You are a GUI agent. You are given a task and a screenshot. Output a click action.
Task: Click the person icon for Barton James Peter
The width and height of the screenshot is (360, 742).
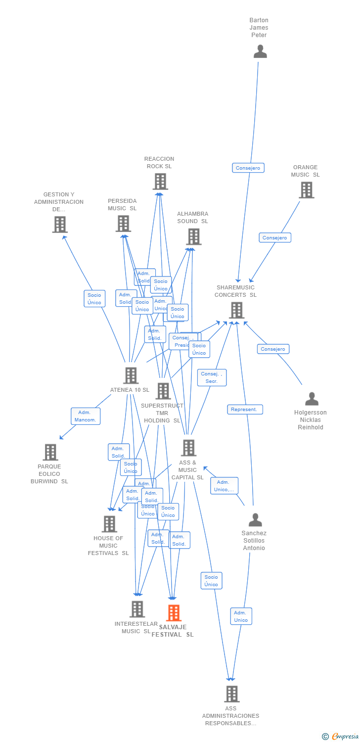(260, 51)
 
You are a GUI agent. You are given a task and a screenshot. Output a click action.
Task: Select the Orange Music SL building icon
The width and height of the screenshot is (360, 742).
(306, 190)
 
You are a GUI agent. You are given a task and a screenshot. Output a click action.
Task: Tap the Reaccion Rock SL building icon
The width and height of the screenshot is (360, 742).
(160, 182)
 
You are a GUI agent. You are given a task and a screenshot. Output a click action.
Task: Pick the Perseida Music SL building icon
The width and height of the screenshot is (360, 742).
(123, 224)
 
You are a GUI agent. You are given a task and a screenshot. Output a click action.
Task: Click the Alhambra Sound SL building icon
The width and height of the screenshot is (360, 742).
(193, 236)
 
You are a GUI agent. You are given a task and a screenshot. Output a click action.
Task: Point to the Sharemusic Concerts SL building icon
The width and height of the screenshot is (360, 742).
(236, 310)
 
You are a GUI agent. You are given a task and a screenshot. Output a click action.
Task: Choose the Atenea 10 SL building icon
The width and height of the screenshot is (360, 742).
(131, 375)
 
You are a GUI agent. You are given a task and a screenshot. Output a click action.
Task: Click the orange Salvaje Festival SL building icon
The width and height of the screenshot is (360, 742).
(174, 613)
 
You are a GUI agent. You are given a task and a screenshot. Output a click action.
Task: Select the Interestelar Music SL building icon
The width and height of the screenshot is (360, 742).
(137, 609)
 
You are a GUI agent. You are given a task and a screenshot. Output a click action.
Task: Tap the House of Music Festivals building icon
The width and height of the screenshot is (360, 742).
(109, 524)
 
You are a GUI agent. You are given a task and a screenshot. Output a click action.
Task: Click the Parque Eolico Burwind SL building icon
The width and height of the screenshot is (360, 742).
(50, 452)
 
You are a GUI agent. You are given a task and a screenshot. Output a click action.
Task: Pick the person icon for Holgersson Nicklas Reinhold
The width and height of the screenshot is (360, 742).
(312, 399)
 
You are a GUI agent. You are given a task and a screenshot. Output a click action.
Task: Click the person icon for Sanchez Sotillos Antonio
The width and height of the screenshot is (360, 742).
(255, 520)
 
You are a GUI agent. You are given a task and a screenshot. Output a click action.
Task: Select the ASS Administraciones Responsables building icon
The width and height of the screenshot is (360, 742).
(231, 694)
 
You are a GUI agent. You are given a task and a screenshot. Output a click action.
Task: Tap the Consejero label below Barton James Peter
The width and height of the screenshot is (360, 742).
(248, 168)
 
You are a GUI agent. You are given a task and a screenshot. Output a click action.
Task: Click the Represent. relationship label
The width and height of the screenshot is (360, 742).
(245, 410)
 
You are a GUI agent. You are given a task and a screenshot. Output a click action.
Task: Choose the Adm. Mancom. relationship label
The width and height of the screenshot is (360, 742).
(86, 416)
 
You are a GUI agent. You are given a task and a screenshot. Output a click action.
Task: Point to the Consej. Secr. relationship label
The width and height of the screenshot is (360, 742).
(212, 377)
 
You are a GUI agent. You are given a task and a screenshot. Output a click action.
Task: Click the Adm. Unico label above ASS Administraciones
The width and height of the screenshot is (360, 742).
(241, 616)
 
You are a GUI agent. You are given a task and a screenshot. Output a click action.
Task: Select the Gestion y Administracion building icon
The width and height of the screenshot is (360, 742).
(60, 225)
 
